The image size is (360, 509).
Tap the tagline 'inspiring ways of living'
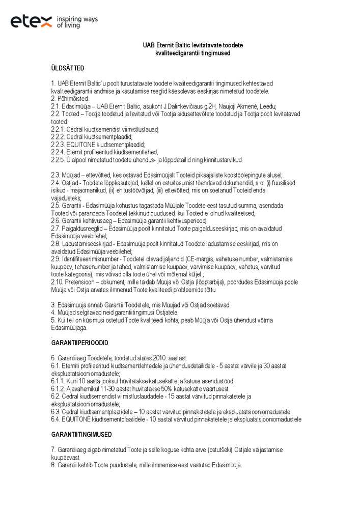77,21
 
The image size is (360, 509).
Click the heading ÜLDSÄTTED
68,68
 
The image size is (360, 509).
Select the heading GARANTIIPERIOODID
79,343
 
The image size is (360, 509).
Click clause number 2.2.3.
58,144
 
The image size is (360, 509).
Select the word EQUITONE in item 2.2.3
81,144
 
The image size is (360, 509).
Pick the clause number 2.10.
57,281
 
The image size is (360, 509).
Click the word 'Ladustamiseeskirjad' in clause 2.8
86,243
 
